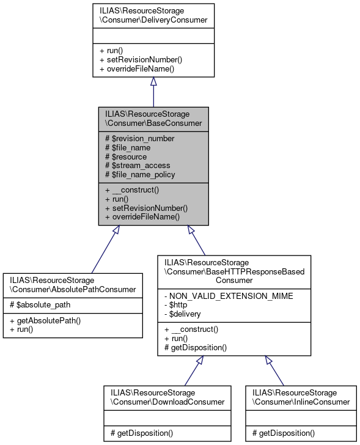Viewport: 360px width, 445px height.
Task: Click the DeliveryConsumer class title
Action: point(153,15)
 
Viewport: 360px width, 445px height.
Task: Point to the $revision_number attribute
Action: point(139,138)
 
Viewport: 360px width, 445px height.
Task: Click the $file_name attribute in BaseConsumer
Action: point(128,147)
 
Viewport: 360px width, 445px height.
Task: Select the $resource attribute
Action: point(126,156)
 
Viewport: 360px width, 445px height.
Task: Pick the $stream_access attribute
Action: point(138,165)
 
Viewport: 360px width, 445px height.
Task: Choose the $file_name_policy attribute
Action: point(140,174)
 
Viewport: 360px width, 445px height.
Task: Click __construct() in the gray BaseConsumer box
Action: point(132,190)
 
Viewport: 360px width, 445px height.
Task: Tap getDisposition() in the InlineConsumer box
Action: point(283,433)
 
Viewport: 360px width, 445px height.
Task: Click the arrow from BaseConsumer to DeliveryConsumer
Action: point(153,92)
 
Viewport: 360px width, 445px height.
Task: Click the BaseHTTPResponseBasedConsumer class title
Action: point(234,271)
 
